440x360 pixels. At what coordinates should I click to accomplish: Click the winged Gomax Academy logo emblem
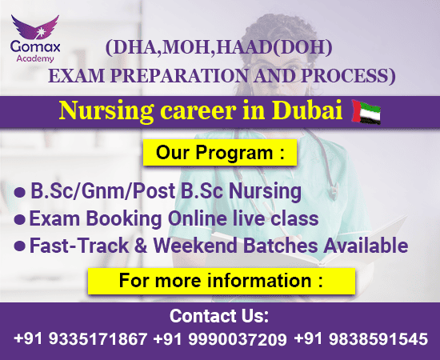[35, 27]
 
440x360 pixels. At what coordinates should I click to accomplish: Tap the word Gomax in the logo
[35, 46]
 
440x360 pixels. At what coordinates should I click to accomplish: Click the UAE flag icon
[366, 112]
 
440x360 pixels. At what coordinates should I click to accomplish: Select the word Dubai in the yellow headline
[307, 110]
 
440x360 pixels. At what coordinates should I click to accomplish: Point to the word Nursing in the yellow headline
[106, 111]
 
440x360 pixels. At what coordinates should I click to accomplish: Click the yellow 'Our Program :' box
[220, 152]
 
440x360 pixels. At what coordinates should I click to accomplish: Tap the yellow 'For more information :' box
[222, 281]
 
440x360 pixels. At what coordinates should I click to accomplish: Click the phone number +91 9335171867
[80, 338]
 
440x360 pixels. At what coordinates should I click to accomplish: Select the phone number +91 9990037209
[220, 339]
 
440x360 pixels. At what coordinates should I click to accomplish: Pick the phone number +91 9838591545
[361, 338]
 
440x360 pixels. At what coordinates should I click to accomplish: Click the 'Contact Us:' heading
[219, 316]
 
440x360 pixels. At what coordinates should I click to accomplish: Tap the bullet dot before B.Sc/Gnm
[20, 192]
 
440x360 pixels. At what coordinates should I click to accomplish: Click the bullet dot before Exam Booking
[20, 219]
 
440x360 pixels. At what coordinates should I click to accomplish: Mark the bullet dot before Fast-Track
[20, 246]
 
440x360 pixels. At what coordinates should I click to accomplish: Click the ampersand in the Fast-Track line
[141, 246]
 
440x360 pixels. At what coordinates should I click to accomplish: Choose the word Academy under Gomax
[35, 58]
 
